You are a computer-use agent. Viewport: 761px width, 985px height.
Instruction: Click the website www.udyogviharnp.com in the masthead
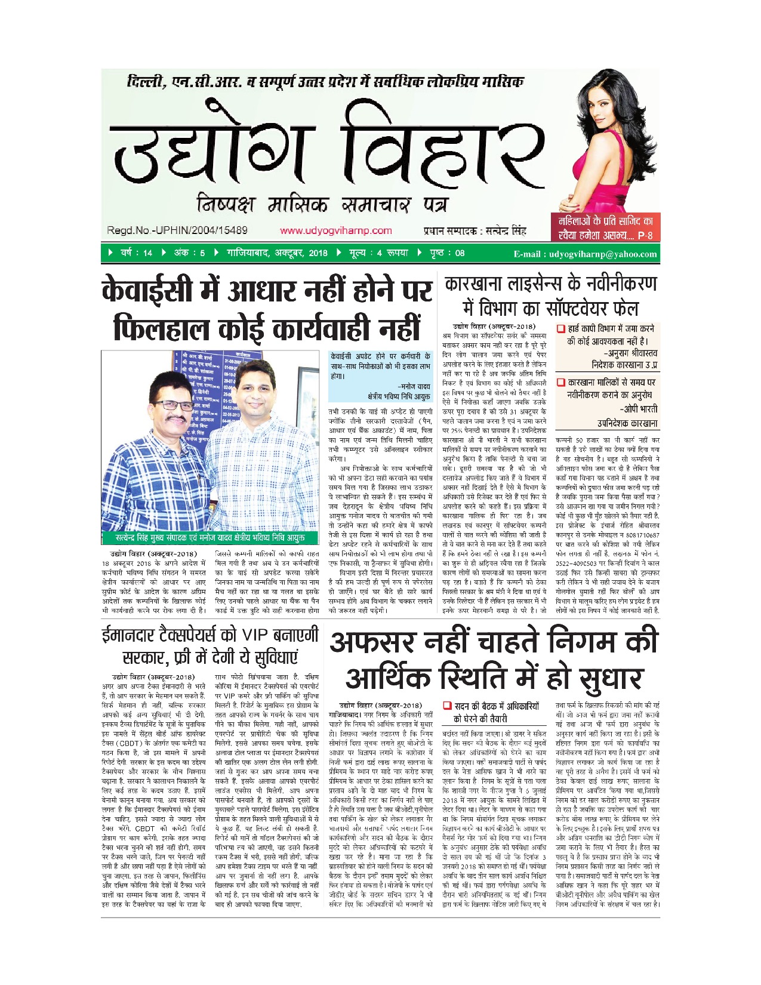(x=335, y=230)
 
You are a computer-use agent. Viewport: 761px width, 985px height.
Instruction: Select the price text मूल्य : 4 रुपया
(x=378, y=253)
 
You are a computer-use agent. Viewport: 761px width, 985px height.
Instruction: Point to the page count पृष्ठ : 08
(x=446, y=253)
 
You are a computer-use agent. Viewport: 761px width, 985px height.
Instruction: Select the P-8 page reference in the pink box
(x=645, y=236)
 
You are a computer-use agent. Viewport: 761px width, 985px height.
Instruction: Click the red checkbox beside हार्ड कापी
(x=560, y=329)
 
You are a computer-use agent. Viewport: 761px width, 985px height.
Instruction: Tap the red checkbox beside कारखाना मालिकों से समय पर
(x=560, y=382)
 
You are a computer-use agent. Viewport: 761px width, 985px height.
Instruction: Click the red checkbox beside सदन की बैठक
(x=447, y=706)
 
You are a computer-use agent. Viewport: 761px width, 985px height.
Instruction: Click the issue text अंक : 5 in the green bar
(x=189, y=253)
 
